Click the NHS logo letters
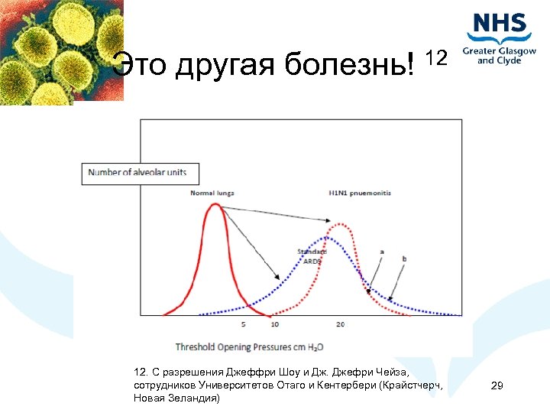pos(500,25)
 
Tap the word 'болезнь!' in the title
pos(352,66)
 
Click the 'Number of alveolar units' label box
pos(137,172)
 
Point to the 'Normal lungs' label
pos(212,193)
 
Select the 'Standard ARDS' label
pos(312,256)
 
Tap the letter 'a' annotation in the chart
pos(381,251)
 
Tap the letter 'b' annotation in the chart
pos(404,260)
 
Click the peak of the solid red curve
pos(214,204)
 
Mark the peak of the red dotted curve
pos(338,225)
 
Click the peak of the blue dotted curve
pos(325,238)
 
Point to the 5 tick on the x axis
pos(243,325)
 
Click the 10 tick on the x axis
pos(274,325)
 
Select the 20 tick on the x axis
pos(339,325)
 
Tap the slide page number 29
pos(497,386)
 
